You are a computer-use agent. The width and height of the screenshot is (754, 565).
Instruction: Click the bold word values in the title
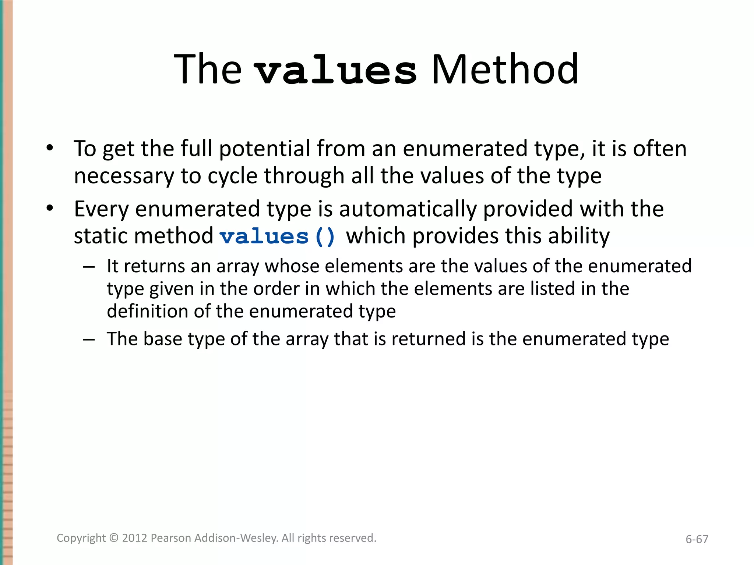point(336,70)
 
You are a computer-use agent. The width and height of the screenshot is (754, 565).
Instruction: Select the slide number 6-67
point(697,539)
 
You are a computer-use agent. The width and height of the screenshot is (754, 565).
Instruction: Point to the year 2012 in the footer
point(135,538)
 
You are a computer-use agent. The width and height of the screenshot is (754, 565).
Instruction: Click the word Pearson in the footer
point(171,538)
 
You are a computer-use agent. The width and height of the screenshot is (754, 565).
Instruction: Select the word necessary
point(124,176)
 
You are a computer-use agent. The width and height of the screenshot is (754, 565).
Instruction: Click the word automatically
point(408,209)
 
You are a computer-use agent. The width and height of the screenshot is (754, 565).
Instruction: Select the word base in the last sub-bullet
point(162,339)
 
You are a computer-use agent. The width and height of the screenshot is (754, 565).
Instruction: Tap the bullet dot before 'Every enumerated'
point(50,209)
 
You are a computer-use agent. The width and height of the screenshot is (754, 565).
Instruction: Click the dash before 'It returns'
point(89,266)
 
